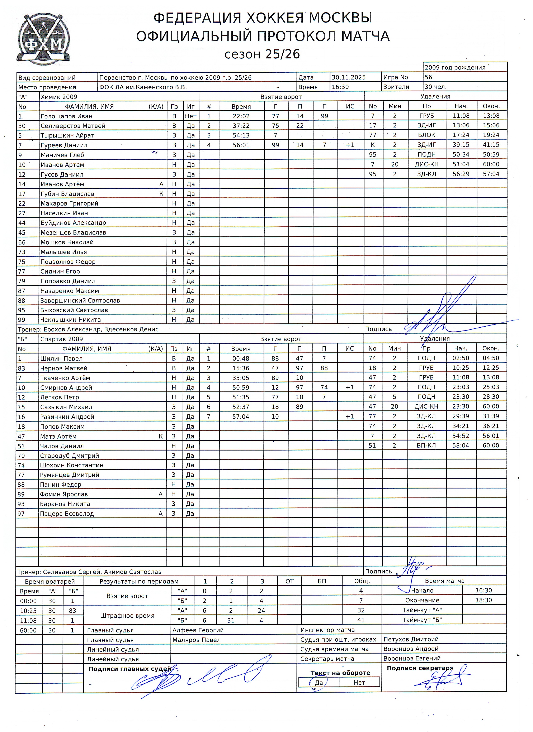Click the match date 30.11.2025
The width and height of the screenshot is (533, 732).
coord(349,77)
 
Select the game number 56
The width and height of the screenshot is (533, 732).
coord(428,77)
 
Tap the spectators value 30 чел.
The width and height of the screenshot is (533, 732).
coord(435,87)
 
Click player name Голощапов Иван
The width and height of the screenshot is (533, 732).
coord(67,116)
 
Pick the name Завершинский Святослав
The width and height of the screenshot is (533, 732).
coord(80,300)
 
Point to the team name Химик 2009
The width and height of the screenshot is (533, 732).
coord(59,97)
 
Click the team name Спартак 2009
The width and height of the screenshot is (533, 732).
coord(61,339)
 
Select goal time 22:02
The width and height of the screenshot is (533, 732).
coord(241,116)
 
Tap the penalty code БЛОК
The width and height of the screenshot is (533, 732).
coord(426,135)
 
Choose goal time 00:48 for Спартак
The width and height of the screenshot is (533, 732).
coord(241,358)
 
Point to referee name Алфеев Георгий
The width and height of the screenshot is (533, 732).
coord(198,630)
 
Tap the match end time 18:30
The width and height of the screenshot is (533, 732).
coord(483,600)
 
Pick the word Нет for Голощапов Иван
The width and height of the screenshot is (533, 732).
coord(191,116)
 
